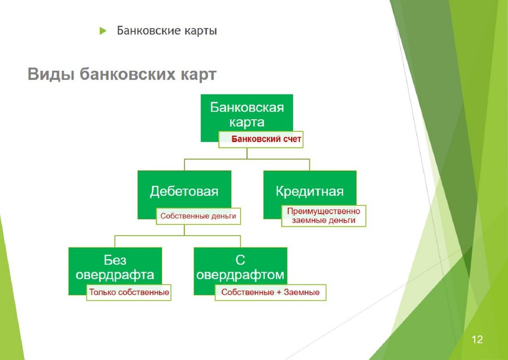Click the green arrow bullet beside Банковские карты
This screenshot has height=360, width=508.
click(x=103, y=31)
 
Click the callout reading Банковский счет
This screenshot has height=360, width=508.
click(x=266, y=140)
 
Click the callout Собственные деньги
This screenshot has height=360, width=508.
click(x=198, y=216)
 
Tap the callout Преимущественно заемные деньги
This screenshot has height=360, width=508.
click(x=323, y=216)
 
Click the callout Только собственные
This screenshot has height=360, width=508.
click(x=129, y=292)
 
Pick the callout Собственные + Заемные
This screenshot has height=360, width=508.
click(x=270, y=292)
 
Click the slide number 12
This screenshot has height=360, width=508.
click(x=477, y=340)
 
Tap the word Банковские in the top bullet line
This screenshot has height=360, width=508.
click(x=148, y=31)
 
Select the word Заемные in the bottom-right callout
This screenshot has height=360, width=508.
click(x=302, y=292)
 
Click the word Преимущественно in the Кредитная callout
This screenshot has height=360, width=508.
click(x=323, y=211)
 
